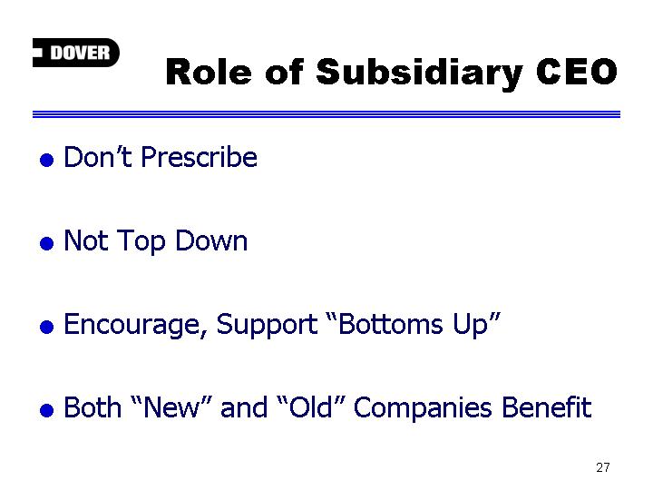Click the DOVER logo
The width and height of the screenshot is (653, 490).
point(76,53)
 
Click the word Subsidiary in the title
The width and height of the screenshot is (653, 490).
point(419,73)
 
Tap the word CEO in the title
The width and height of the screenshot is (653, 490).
point(577,72)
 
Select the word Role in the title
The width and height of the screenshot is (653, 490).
point(209,72)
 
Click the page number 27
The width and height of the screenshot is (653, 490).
point(602,467)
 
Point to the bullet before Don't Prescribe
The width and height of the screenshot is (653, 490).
point(46,160)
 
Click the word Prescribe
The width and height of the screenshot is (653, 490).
point(199,158)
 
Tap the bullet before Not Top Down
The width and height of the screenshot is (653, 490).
point(46,243)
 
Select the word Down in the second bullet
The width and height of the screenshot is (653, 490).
point(211,240)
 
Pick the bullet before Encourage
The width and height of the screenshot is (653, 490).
point(46,327)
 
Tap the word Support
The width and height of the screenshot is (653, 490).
point(267,325)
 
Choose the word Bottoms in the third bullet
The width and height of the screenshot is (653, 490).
point(390,324)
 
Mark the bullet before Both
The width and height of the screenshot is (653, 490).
point(46,410)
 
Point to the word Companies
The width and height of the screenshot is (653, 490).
point(423,408)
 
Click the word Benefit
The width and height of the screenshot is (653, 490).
point(546,407)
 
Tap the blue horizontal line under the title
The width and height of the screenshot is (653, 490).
point(326,114)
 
